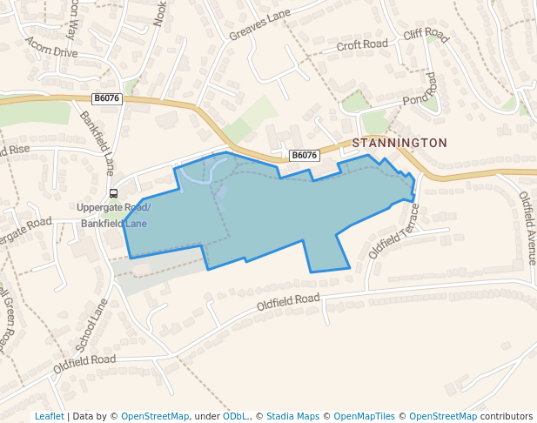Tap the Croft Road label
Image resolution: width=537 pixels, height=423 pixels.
tap(361, 44)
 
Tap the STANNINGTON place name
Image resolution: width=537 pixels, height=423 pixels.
tap(399, 143)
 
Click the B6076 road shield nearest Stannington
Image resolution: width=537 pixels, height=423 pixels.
tap(305, 156)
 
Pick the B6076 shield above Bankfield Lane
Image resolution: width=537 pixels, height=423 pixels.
tap(106, 99)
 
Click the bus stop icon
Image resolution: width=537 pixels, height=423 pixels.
tap(113, 193)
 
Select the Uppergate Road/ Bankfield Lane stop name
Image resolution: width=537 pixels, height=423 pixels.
tap(113, 215)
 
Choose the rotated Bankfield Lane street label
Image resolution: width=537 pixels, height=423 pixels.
tap(97, 143)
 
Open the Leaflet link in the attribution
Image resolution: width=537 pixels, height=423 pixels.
tap(49, 416)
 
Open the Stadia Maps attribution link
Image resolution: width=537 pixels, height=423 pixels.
tap(292, 416)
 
